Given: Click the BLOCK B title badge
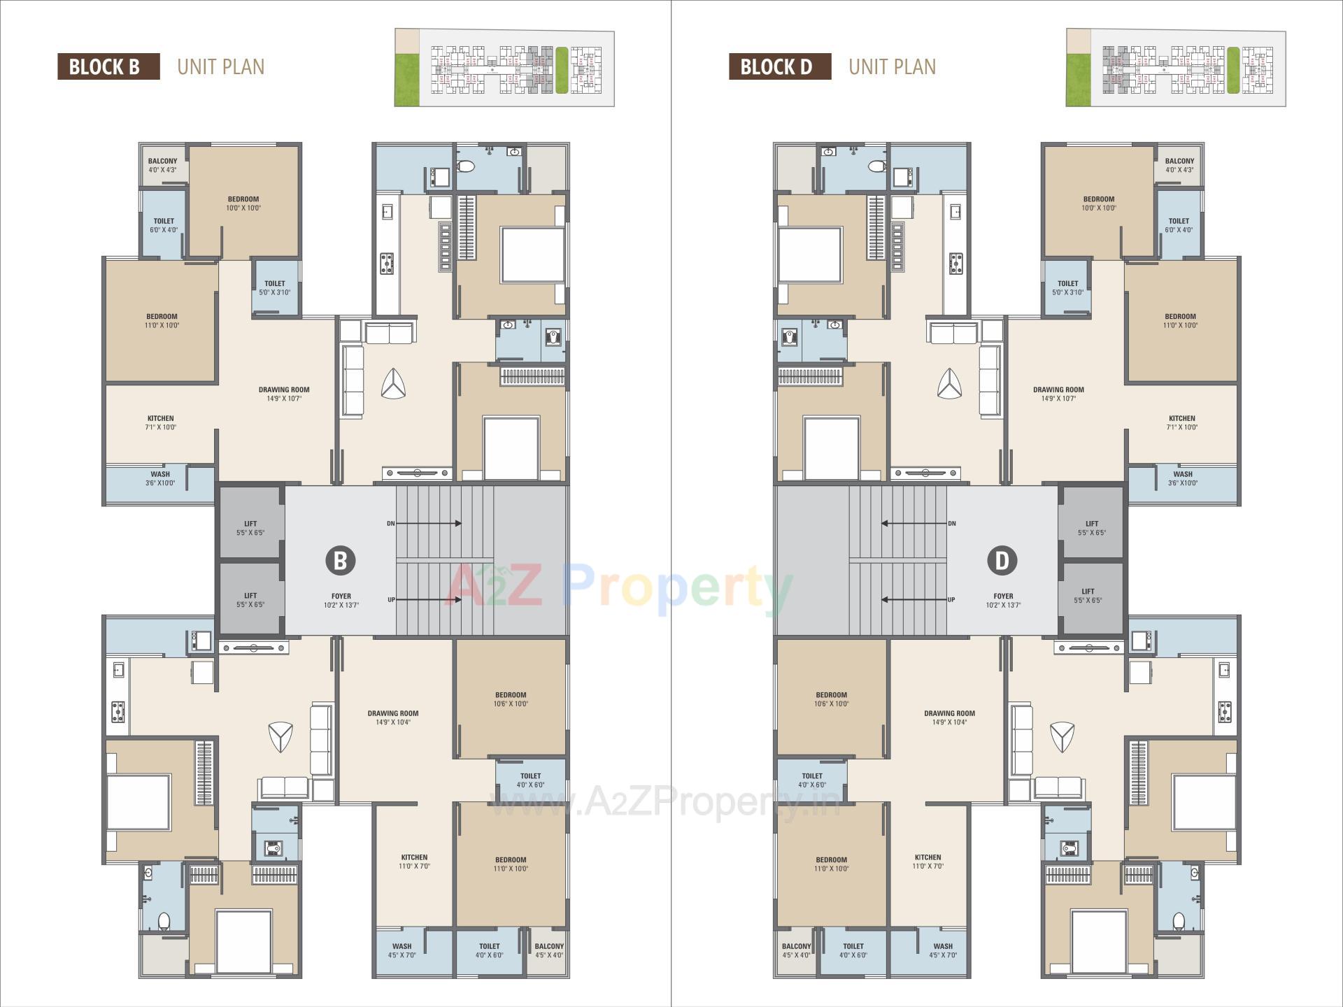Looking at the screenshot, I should [x=108, y=66].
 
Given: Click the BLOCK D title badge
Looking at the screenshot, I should [x=779, y=66].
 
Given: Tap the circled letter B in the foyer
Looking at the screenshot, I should [x=341, y=560].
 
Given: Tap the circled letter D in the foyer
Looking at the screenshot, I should [x=1002, y=560].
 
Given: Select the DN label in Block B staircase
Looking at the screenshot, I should [x=391, y=523].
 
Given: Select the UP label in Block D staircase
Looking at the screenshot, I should [x=951, y=599].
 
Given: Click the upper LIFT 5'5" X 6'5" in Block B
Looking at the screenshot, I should [x=250, y=527].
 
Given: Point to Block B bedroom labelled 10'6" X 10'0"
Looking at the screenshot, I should [x=511, y=699].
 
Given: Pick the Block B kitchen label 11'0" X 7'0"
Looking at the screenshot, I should [x=414, y=862].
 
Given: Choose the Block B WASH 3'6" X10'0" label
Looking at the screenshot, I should [x=160, y=478].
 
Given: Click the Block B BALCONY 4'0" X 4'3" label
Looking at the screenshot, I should [x=162, y=165].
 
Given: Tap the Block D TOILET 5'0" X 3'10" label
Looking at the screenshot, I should [x=1067, y=287].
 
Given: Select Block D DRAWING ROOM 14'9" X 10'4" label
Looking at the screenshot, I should [x=949, y=717].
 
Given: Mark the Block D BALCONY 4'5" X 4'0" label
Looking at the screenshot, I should [x=796, y=950].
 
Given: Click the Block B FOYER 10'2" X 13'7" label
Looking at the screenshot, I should [x=341, y=601].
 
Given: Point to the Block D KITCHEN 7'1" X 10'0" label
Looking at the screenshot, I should [x=1181, y=422].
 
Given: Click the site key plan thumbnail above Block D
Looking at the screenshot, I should [x=1175, y=68].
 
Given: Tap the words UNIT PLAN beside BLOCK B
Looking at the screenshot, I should [x=221, y=66].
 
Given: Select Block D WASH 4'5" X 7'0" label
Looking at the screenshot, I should [x=942, y=950].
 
